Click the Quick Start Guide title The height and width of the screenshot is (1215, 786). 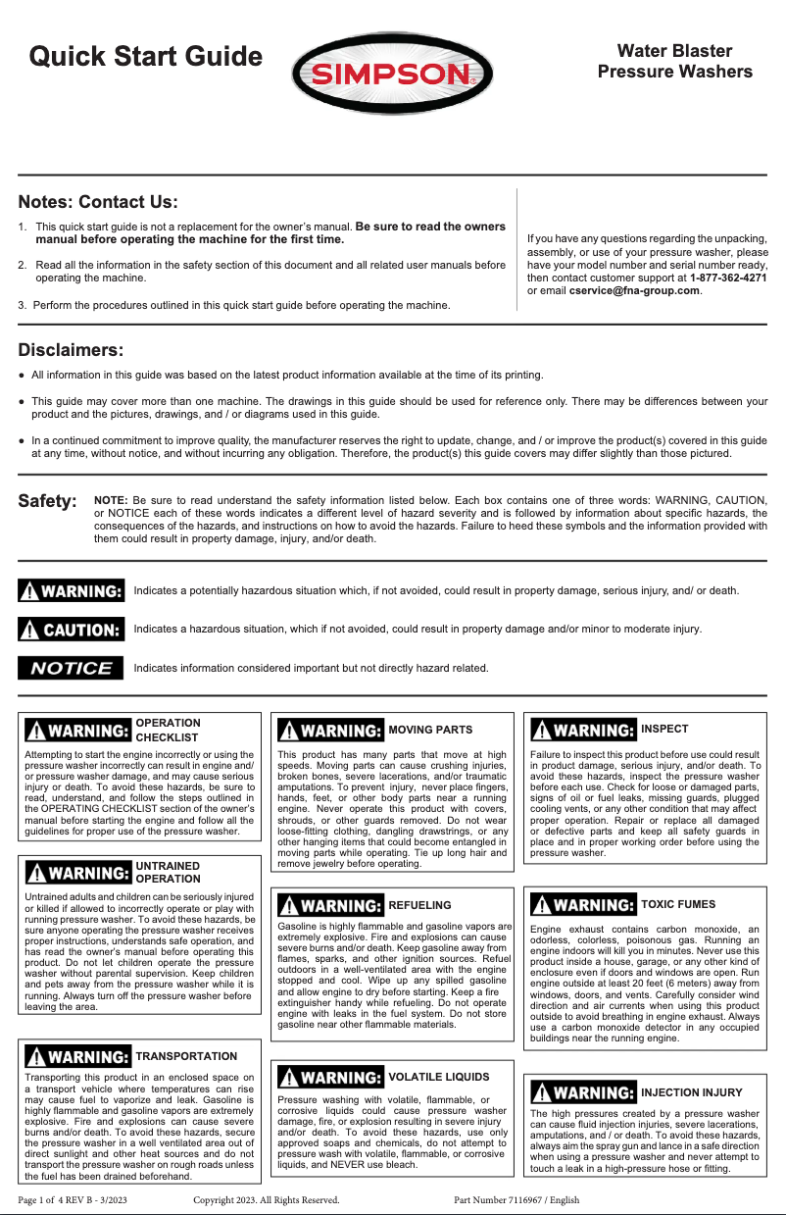145,56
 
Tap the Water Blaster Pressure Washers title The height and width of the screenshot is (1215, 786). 674,61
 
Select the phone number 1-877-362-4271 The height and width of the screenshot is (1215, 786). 728,278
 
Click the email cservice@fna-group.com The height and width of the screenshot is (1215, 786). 634,290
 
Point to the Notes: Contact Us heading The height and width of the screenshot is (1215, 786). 98,203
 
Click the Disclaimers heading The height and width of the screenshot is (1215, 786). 71,350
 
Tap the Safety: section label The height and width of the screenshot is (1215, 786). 48,502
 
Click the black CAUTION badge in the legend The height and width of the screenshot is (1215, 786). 72,629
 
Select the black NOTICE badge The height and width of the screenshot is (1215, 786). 72,669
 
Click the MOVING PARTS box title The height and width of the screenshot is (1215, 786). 430,730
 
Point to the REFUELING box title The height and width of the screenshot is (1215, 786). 419,905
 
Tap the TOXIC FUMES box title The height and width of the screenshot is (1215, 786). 677,904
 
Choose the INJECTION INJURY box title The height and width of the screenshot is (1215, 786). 691,1092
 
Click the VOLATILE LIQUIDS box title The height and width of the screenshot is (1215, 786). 438,1077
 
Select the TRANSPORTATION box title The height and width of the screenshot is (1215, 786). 186,1056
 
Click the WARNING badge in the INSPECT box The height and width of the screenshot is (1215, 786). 583,731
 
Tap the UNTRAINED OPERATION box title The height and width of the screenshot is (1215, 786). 168,873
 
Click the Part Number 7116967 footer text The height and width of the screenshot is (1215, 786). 516,1199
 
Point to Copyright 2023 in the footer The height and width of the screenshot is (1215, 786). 266,1199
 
